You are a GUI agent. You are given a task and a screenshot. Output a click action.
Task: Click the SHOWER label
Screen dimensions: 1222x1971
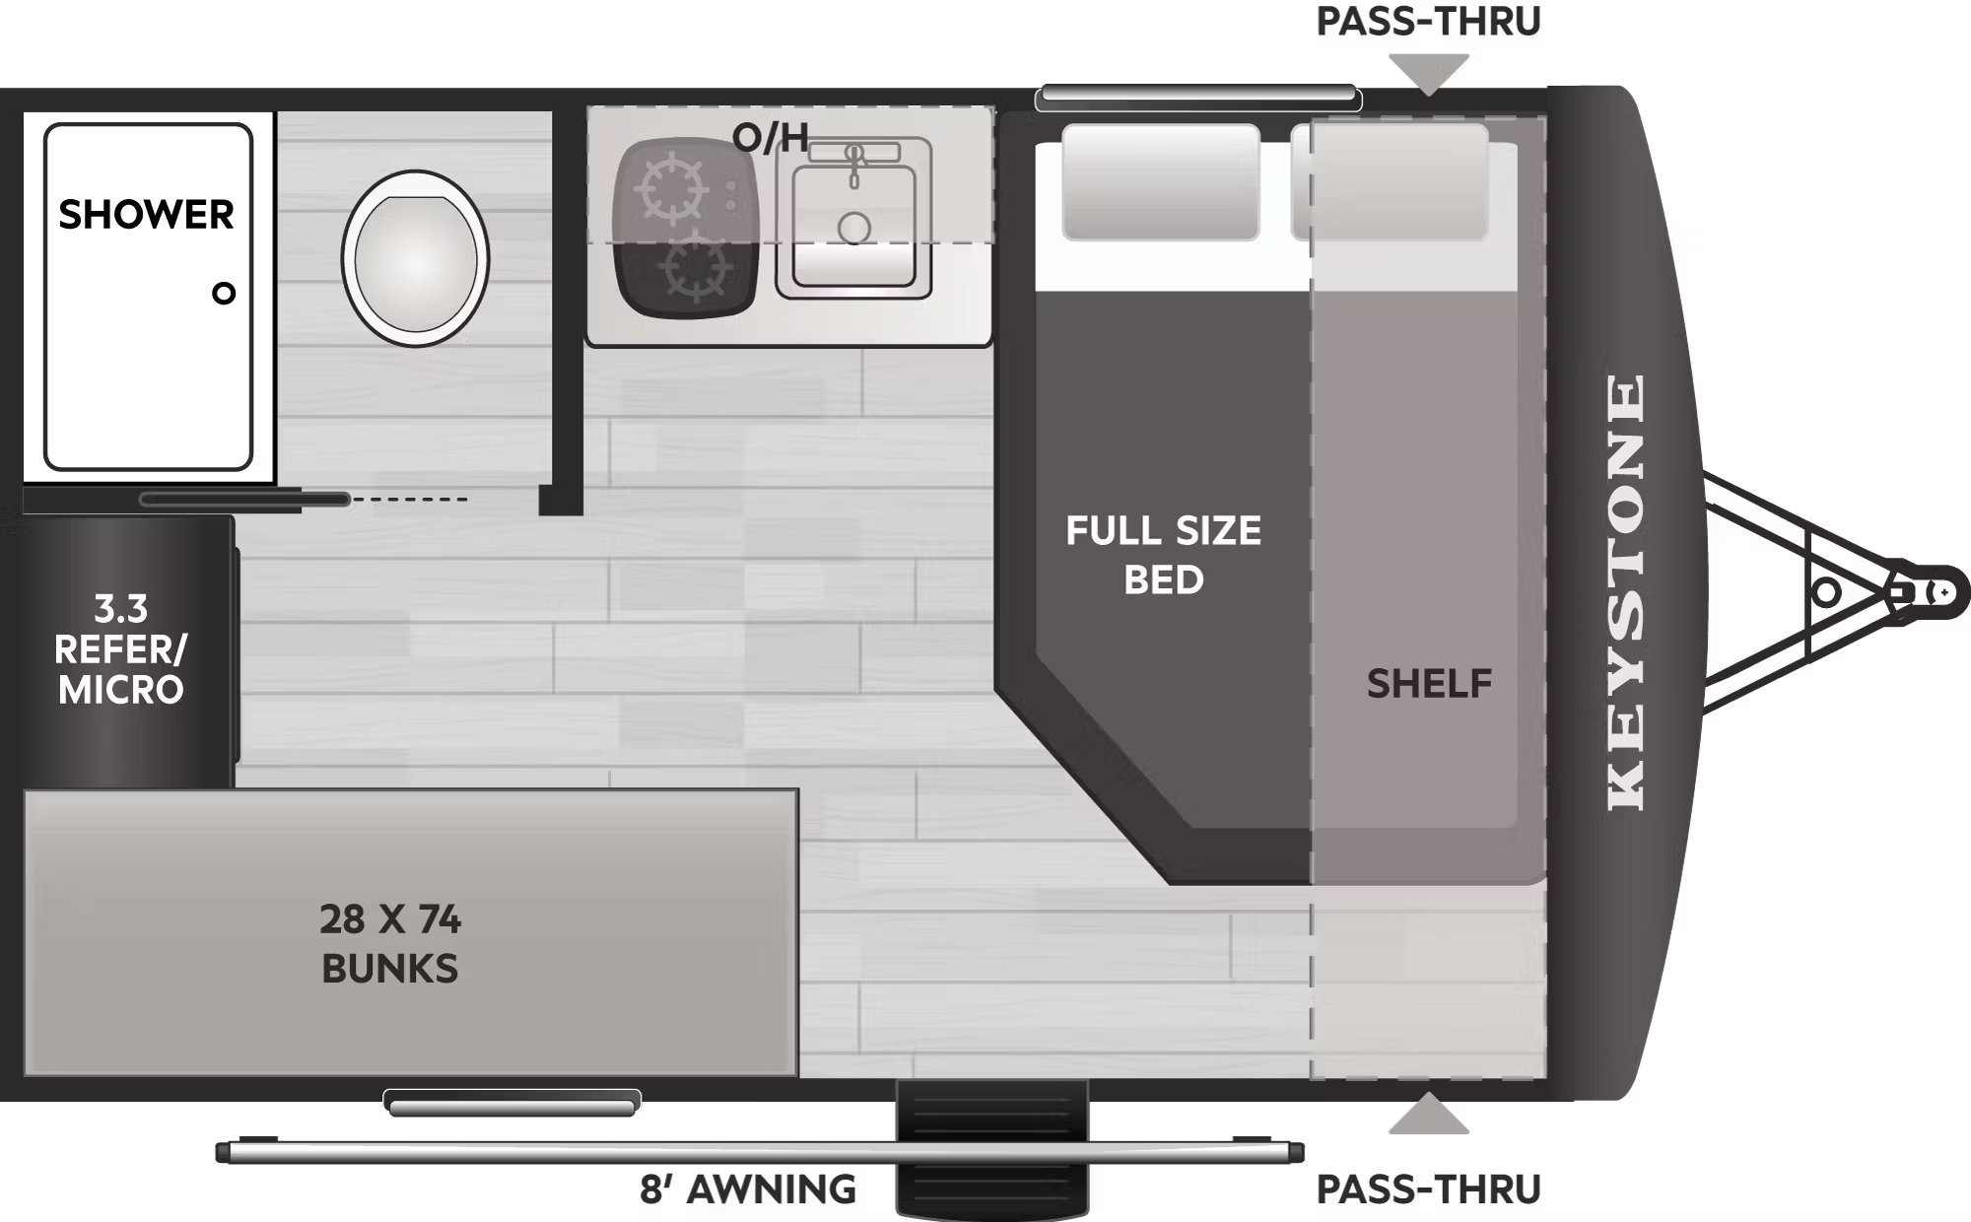(146, 215)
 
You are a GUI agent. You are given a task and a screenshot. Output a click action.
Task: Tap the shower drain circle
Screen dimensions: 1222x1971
(224, 293)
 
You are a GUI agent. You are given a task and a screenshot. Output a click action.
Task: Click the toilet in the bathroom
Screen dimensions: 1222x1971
(415, 258)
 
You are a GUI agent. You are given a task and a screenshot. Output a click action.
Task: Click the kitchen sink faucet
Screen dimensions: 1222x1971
(853, 162)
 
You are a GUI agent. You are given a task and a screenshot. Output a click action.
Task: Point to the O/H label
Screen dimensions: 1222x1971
(771, 138)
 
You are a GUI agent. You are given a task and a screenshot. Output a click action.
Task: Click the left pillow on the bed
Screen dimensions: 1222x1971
(1160, 183)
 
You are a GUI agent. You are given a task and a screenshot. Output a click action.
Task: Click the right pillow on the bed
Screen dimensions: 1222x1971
(1390, 183)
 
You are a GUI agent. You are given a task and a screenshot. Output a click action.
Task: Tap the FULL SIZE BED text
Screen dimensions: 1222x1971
(1163, 555)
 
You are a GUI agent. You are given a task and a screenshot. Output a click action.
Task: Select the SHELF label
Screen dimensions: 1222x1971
(1429, 684)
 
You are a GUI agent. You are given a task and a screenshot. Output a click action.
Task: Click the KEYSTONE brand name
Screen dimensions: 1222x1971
(1627, 591)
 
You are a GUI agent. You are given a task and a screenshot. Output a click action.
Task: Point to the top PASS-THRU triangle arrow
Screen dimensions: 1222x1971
(1428, 74)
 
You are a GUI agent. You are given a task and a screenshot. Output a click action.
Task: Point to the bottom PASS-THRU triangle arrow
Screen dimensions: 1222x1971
(1428, 1116)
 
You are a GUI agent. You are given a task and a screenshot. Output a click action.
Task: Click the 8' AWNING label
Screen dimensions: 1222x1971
(747, 1189)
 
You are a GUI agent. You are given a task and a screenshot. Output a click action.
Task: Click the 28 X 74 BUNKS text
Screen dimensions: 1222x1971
(390, 943)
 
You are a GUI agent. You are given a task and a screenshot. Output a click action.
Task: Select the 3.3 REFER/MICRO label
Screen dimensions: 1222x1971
(120, 649)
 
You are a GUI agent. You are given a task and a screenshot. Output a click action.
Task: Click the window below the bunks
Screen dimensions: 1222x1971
(511, 1103)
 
